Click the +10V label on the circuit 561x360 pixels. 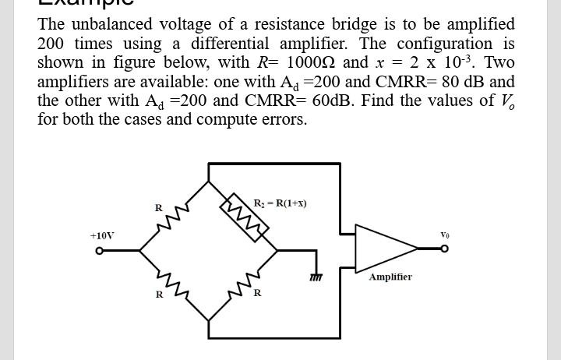tap(101, 235)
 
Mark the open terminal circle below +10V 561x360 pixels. tap(99, 251)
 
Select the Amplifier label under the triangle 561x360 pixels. tap(390, 277)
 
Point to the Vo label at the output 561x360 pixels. tap(445, 234)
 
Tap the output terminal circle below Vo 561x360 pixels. tap(445, 250)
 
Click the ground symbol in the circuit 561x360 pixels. tap(316, 276)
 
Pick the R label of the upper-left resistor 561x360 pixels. tap(158, 208)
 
